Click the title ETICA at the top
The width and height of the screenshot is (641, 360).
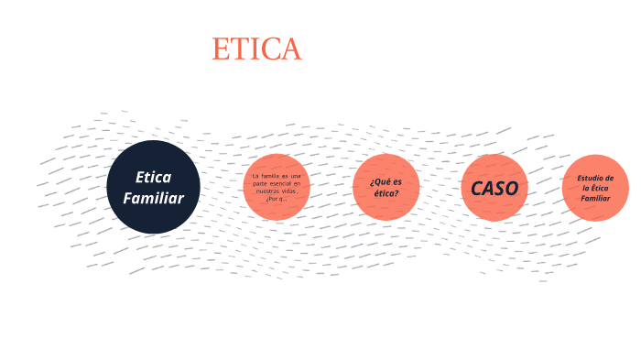256,49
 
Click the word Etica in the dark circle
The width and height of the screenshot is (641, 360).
153,177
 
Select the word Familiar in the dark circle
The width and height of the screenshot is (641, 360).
153,198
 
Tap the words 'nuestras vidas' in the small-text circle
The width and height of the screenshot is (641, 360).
277,190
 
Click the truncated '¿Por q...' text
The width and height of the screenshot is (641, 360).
277,198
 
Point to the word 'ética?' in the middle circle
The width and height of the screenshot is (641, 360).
386,193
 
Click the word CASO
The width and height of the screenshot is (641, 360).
494,188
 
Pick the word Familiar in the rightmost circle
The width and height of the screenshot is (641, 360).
595,198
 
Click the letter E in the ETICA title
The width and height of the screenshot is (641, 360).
221,49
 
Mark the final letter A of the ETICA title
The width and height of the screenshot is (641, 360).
291,49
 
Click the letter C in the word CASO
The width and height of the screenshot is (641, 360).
477,188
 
